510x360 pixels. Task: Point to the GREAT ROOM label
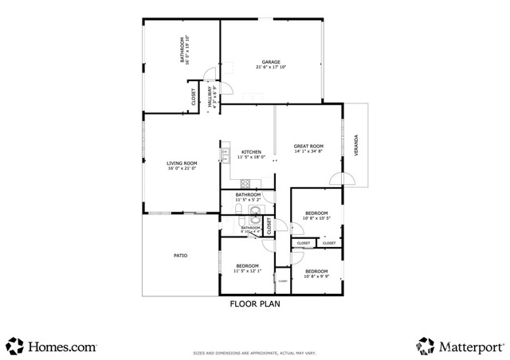click(x=308, y=147)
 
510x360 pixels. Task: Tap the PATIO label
click(x=181, y=256)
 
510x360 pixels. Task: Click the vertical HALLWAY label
click(x=211, y=97)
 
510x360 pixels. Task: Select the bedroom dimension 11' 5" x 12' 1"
click(x=248, y=272)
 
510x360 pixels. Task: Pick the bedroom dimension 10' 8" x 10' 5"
click(x=316, y=218)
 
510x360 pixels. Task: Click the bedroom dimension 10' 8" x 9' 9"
click(x=316, y=276)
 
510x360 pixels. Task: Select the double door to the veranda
click(x=345, y=179)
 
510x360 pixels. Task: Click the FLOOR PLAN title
click(x=255, y=303)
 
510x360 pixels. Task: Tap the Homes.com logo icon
click(x=14, y=346)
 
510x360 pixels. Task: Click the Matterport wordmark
click(x=470, y=346)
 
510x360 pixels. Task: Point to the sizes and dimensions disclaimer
click(x=255, y=352)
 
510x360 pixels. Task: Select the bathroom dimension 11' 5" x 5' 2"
click(x=248, y=200)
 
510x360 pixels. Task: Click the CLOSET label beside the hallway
click(x=194, y=96)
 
